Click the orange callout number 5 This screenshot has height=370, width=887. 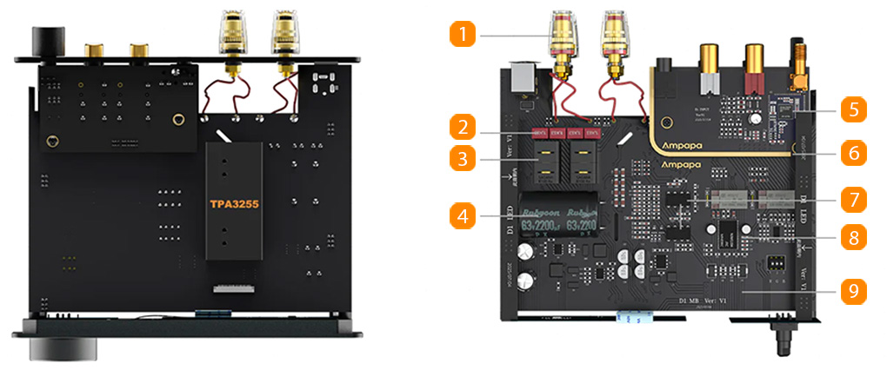point(853,111)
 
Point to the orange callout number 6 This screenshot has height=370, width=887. point(853,155)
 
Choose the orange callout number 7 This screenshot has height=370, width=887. point(853,198)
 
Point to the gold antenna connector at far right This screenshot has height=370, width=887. point(797,66)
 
